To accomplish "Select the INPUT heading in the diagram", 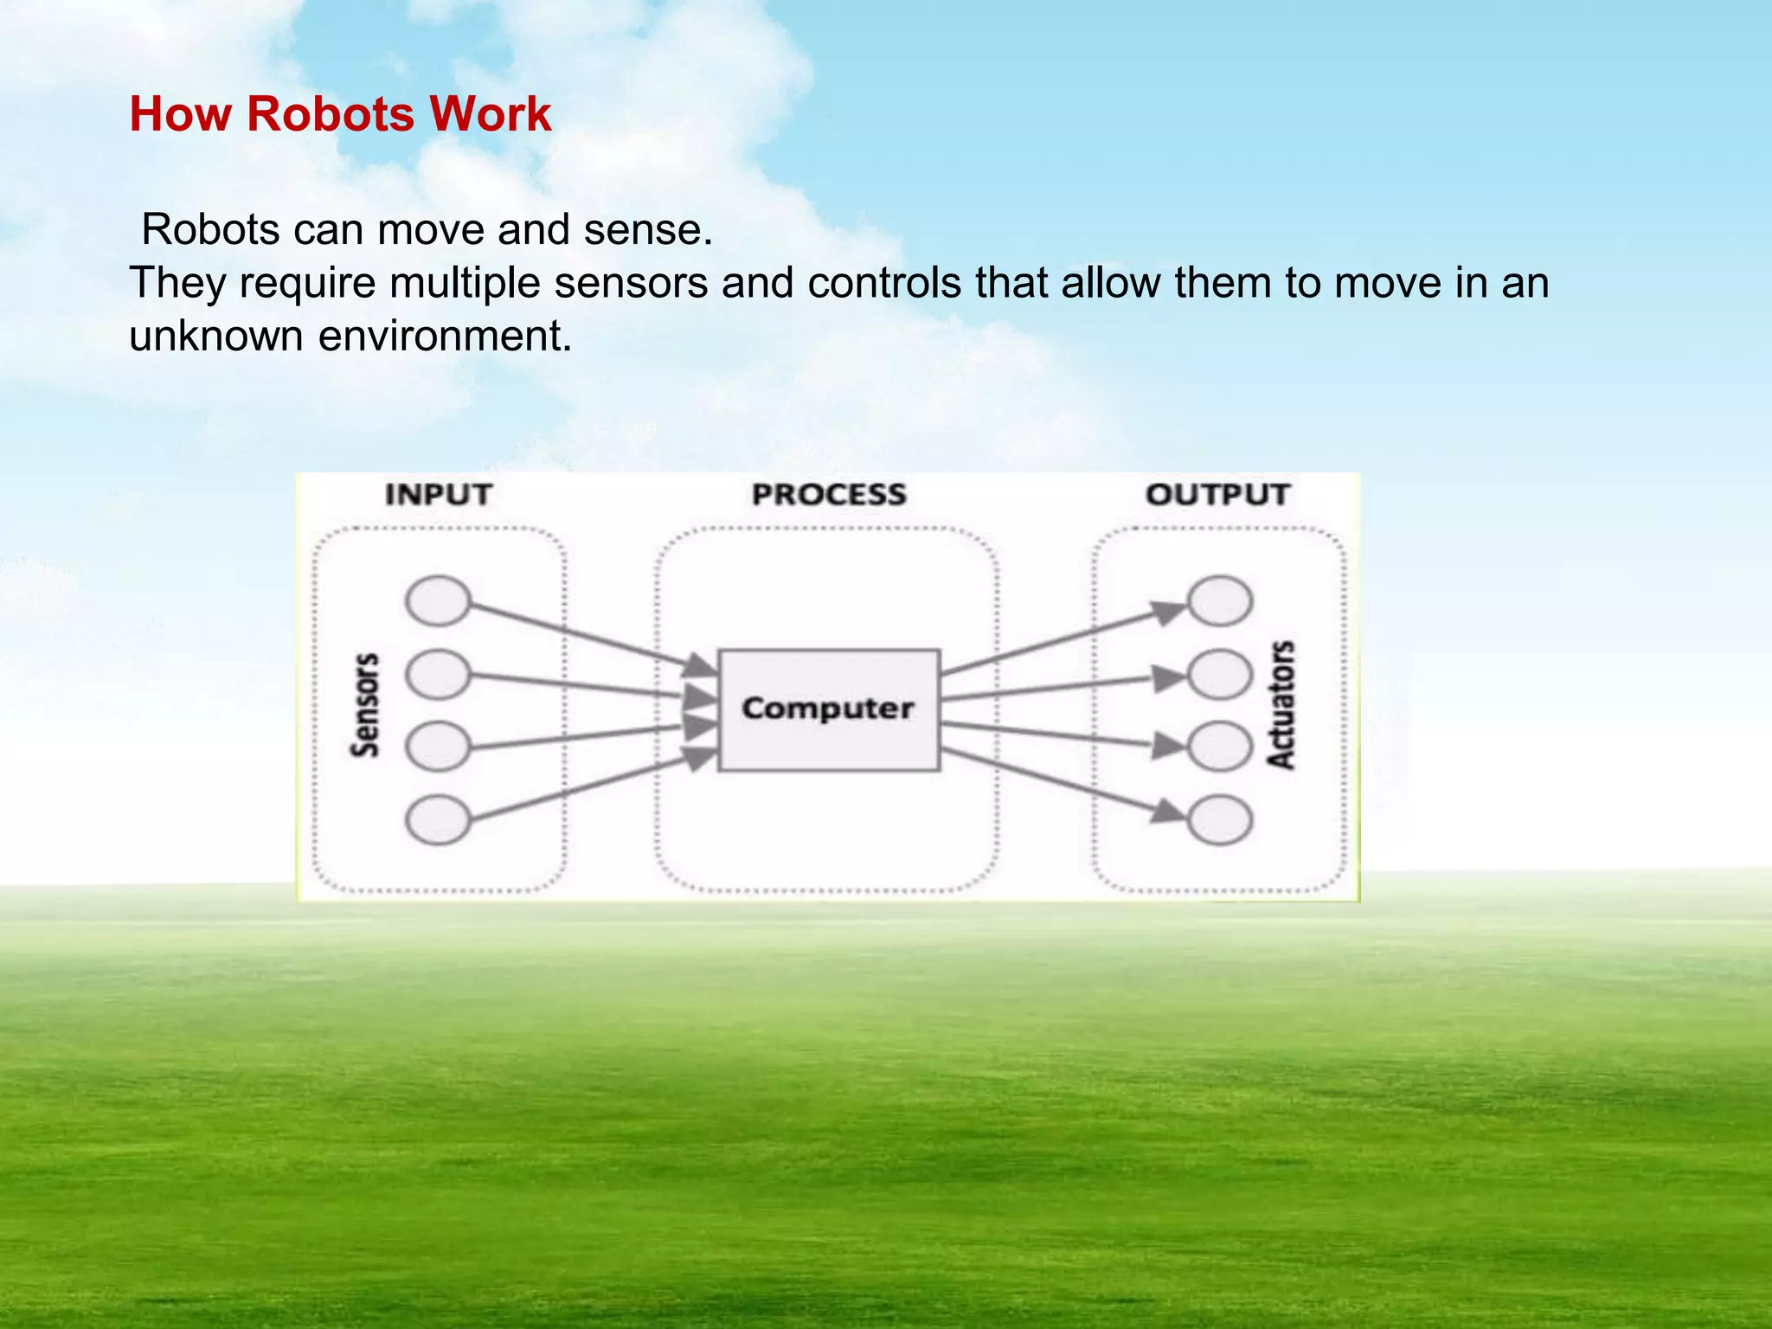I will (438, 494).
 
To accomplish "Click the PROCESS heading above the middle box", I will (829, 494).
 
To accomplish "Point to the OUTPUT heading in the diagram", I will (1217, 494).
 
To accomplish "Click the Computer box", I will (828, 709).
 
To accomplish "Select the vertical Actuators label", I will (1281, 704).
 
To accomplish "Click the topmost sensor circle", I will (438, 600).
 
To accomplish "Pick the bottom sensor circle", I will (438, 819).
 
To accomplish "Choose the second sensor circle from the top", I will (438, 674).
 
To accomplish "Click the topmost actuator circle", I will (1219, 600).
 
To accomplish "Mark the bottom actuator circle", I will (1219, 819).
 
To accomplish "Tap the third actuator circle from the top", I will (1219, 747).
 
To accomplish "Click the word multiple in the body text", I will (465, 283).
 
